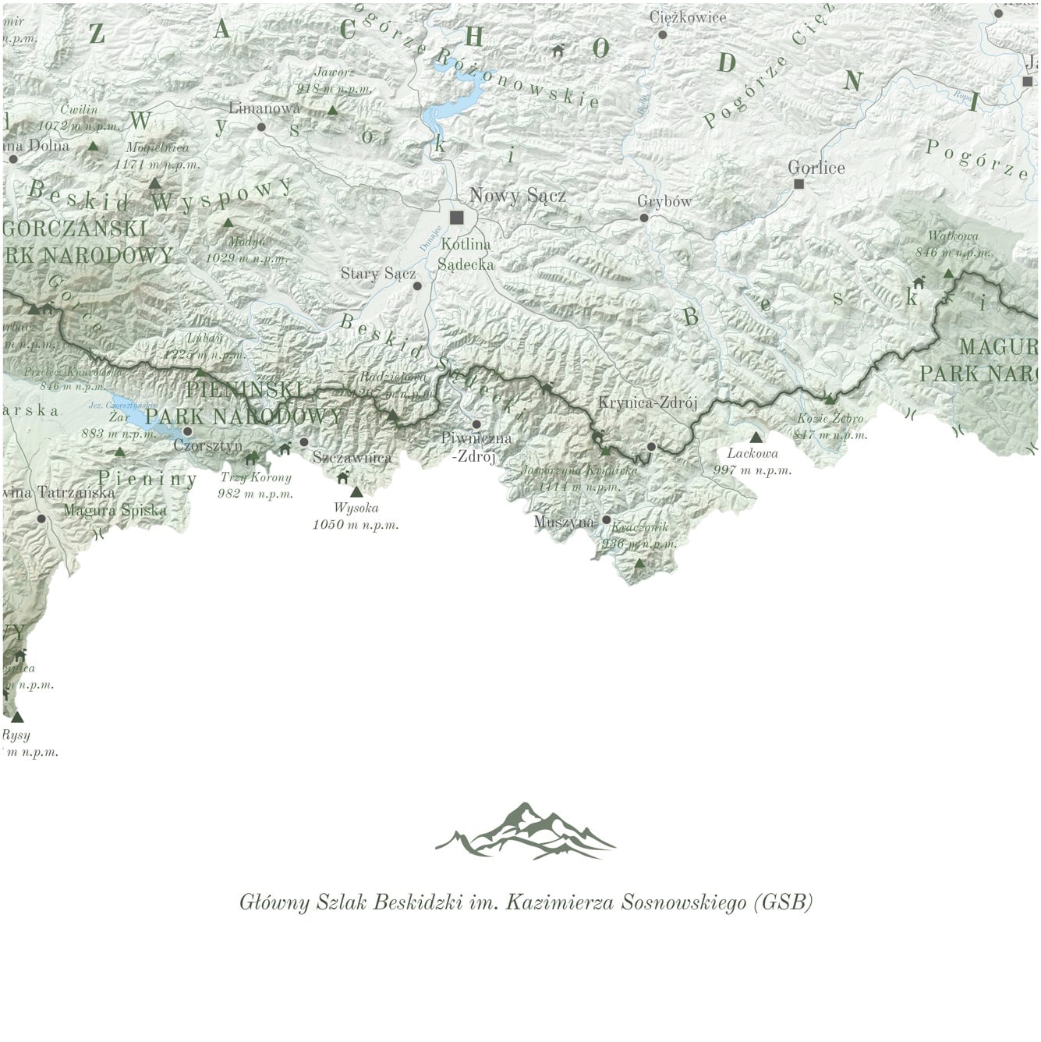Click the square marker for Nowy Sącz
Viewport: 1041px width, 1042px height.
coord(456,217)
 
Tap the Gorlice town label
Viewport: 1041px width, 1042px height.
coord(816,168)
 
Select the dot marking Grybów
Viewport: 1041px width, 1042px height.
coord(644,218)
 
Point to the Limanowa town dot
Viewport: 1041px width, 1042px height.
coord(261,126)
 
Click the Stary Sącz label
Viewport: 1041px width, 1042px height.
coord(377,274)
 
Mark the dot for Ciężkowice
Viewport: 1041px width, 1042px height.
coord(662,34)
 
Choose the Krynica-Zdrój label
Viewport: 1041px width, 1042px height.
coord(646,402)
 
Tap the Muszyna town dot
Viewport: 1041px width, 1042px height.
coord(606,519)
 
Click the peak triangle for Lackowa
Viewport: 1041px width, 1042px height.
coord(755,437)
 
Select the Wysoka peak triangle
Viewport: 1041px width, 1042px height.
coord(356,491)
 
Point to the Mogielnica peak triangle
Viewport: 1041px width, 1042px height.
coord(154,183)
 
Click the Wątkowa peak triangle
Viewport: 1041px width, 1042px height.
coord(948,273)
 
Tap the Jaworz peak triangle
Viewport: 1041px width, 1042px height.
coord(333,110)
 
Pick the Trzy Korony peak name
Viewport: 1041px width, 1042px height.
coord(256,477)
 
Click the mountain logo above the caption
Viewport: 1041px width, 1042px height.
coord(526,831)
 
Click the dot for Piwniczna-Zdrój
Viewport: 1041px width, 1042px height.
coord(476,424)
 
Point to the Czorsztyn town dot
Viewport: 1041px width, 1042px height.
coord(187,431)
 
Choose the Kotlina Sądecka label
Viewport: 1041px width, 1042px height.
coord(466,254)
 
